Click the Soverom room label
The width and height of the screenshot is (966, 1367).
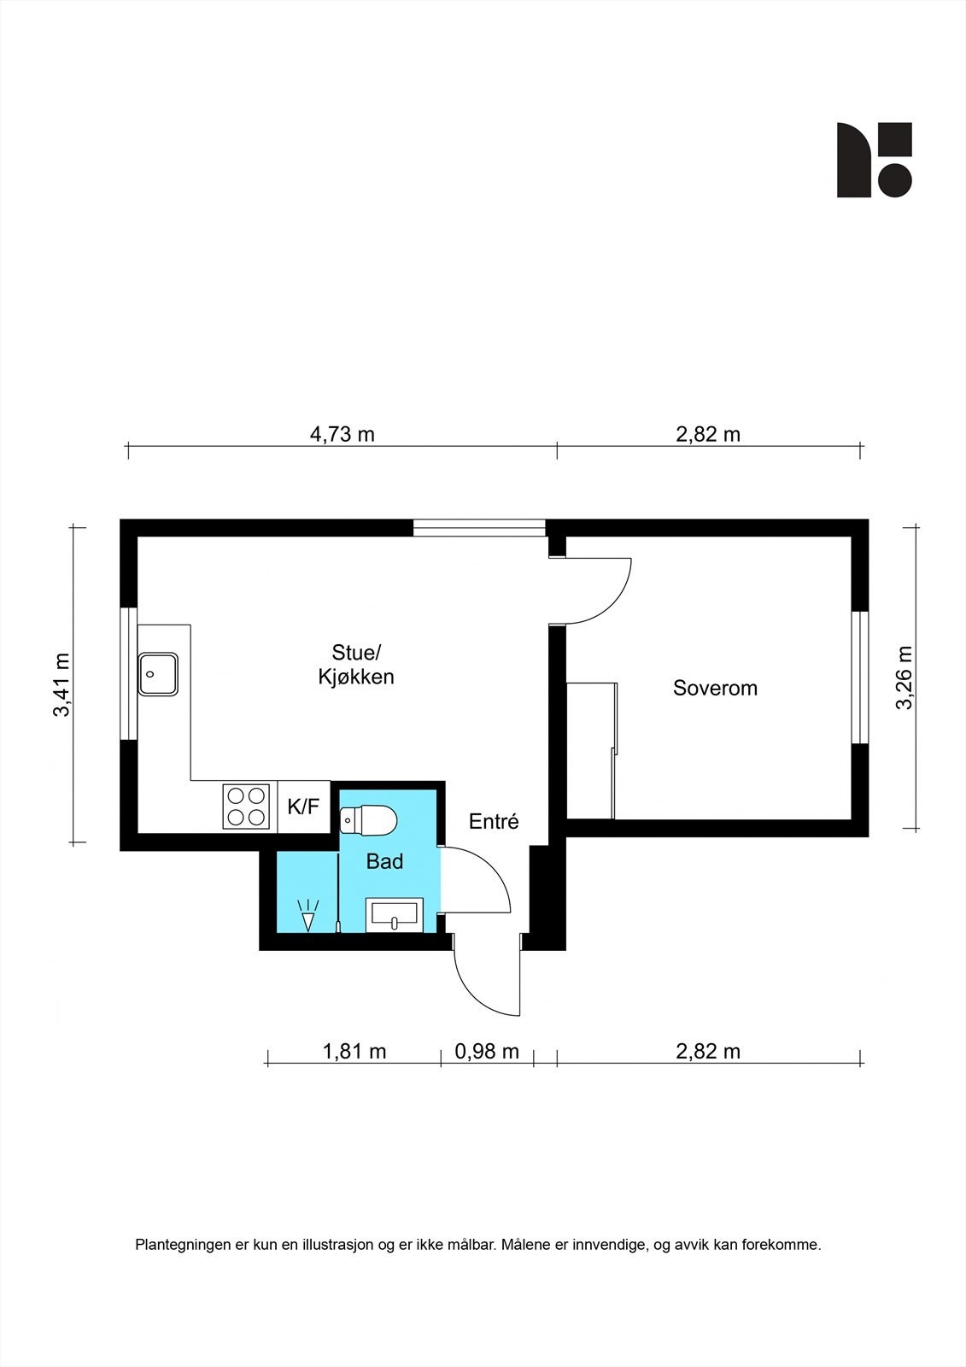(x=715, y=689)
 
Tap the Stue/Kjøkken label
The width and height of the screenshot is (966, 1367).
(x=356, y=666)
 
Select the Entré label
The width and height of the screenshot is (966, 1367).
(x=494, y=822)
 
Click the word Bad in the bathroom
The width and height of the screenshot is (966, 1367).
(x=384, y=862)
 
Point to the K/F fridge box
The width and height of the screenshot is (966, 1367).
(x=303, y=807)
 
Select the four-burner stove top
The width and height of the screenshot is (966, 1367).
(x=247, y=807)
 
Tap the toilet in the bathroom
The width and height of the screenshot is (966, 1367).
(x=369, y=821)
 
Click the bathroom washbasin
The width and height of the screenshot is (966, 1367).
(x=394, y=915)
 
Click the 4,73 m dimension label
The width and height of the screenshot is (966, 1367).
(x=342, y=434)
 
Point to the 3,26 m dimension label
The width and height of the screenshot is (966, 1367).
(x=904, y=677)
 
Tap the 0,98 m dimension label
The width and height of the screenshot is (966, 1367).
(x=487, y=1052)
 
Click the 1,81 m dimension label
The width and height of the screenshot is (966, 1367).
(x=354, y=1052)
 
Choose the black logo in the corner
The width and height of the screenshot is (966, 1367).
(x=874, y=160)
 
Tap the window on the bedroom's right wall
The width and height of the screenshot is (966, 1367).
(x=860, y=677)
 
